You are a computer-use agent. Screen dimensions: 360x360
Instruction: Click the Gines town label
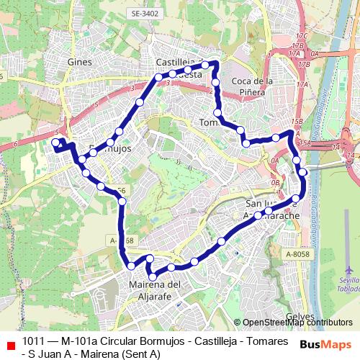[x=79, y=63]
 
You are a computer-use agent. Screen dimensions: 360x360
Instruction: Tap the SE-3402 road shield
[x=145, y=13]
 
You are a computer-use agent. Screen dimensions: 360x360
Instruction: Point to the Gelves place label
[x=300, y=316]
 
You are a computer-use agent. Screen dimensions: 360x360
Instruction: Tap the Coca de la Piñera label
[x=253, y=86]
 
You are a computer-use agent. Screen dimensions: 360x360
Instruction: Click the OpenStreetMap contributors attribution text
[x=297, y=323]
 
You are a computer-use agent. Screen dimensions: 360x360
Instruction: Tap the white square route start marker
[x=56, y=143]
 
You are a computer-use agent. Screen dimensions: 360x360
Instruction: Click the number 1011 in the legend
[x=34, y=341]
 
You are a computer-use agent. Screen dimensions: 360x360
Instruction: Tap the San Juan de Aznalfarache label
[x=270, y=209]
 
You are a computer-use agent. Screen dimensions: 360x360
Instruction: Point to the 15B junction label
[x=297, y=121]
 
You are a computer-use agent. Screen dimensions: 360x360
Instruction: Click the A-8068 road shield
[x=120, y=240]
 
